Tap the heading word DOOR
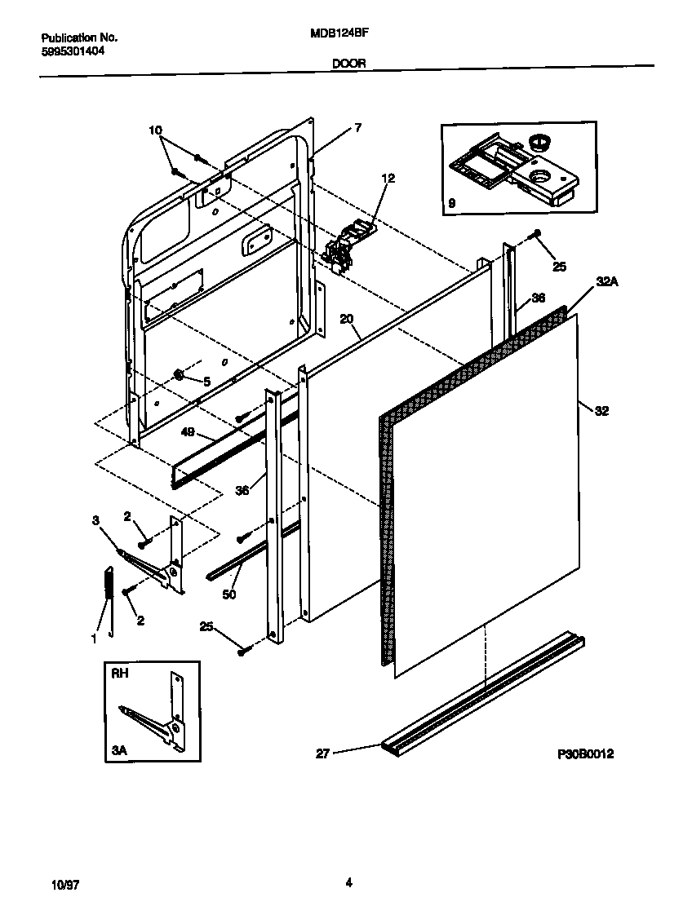pos(348,63)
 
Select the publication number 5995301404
pos(73,51)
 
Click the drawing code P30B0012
pos(585,754)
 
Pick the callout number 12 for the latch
pos(388,178)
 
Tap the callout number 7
pos(357,127)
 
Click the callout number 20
pos(347,320)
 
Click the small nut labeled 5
pos(177,374)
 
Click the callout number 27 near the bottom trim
pos(322,754)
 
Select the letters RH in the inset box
pos(120,674)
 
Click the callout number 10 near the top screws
pos(156,130)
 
